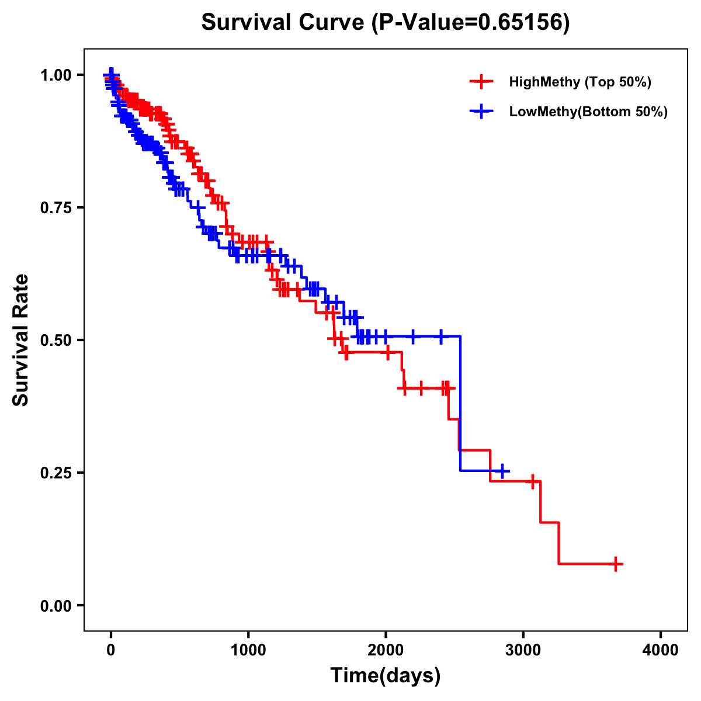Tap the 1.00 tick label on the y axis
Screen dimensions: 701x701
point(55,75)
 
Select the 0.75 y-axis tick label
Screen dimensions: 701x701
point(55,208)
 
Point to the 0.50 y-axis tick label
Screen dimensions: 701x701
point(55,340)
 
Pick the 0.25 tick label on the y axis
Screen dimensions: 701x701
point(55,473)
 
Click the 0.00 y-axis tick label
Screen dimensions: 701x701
point(55,605)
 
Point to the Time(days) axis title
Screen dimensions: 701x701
point(386,676)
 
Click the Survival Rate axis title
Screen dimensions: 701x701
point(21,340)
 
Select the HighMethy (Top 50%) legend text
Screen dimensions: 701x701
point(580,82)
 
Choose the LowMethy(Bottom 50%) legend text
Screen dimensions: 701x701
point(588,112)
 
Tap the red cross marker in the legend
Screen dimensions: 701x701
point(481,82)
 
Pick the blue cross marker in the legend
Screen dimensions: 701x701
point(481,112)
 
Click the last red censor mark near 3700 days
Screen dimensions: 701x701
point(616,564)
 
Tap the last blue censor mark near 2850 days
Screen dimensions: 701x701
point(501,471)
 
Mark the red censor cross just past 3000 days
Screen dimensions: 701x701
point(532,481)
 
